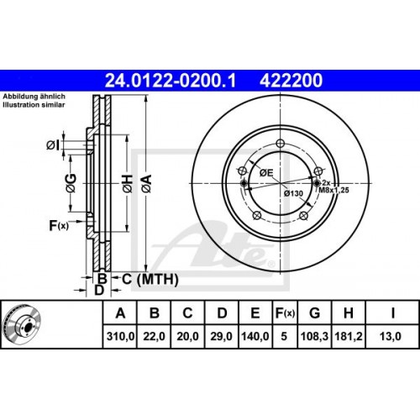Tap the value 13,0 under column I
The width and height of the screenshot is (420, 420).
(x=392, y=336)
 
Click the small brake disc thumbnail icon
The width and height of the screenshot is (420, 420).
(x=25, y=325)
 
